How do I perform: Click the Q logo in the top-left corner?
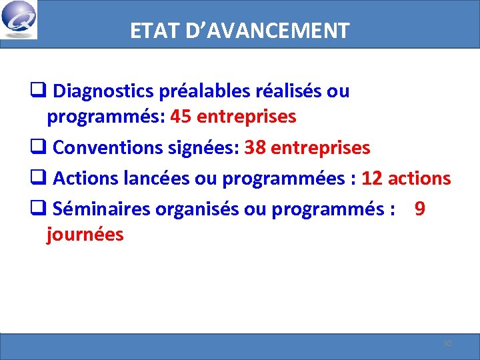[19, 19]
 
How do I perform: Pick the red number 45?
[181, 117]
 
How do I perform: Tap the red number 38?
[255, 147]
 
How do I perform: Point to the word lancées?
[156, 179]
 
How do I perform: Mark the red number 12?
[372, 179]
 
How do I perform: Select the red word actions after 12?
[419, 179]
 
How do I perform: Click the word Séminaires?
[101, 209]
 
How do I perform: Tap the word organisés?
[197, 209]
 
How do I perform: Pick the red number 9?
[420, 209]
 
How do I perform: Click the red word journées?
[85, 235]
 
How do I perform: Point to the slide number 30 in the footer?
[447, 344]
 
